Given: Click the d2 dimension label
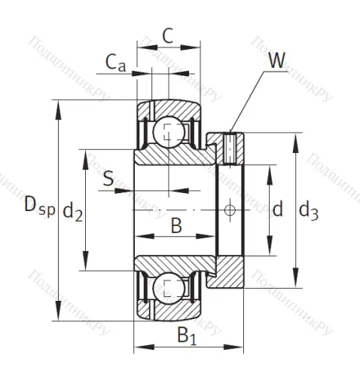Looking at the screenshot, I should [73, 212].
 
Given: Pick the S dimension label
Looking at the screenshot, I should [108, 179].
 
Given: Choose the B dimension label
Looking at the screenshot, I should [176, 224].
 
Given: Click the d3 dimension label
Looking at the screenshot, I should [309, 212].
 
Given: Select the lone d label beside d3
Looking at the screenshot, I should [277, 209].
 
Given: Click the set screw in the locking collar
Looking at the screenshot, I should [230, 148].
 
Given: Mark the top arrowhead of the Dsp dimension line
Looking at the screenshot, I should [58, 106].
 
